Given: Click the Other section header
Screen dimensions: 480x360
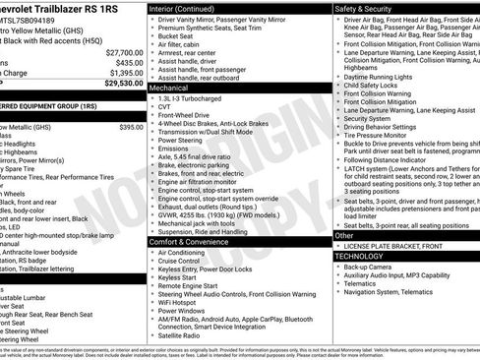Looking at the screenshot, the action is (344, 235).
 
